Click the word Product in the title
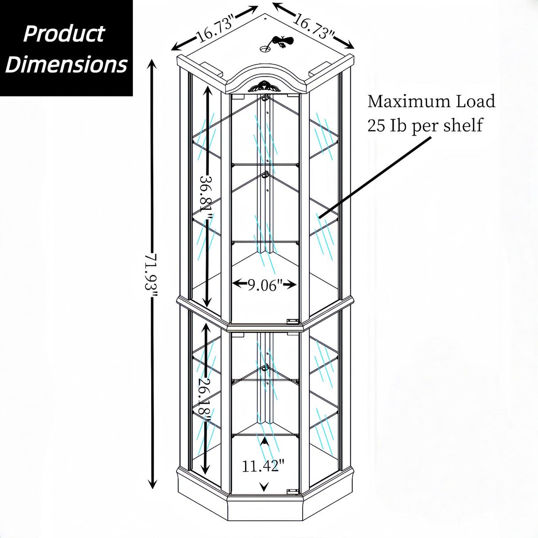coord(64,34)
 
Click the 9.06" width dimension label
coord(265,285)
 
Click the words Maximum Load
coord(431,101)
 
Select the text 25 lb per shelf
coord(424,125)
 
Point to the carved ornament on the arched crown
coord(265,87)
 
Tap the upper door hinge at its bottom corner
coord(291,321)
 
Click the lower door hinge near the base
coord(291,491)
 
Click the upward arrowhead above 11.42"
coord(265,441)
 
